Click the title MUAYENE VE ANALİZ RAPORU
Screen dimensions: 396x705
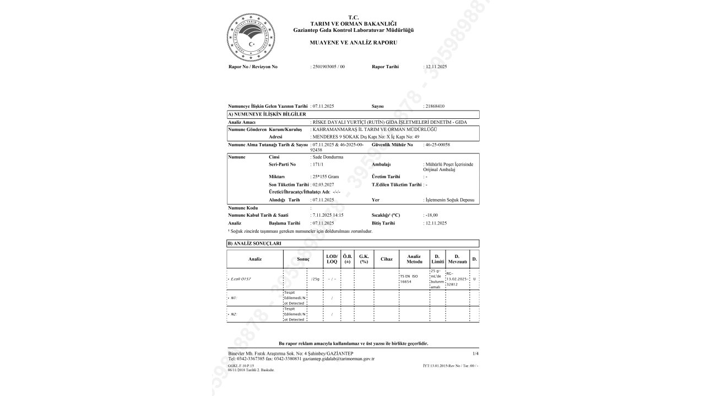353,42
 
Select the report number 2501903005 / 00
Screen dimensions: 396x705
329,67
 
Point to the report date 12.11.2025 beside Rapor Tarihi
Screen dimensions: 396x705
436,67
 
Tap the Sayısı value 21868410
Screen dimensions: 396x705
435,106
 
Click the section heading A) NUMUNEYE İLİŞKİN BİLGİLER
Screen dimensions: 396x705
267,114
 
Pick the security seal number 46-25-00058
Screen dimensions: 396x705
437,144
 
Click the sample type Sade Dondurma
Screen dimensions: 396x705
328,157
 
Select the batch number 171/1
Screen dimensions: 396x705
319,164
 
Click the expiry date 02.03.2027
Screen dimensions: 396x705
324,184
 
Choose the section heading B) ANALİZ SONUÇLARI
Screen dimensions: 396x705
254,243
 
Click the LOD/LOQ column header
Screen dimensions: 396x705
332,258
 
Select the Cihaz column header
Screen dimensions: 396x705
386,258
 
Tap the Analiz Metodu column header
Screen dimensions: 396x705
414,258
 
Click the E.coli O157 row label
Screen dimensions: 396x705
242,279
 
